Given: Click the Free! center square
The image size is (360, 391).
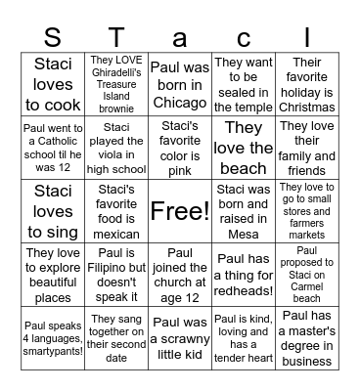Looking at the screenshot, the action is pyautogui.click(x=180, y=210).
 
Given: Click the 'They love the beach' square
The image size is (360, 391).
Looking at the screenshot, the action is pyautogui.click(x=244, y=147).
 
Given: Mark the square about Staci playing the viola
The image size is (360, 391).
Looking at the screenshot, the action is pyautogui.click(x=116, y=147).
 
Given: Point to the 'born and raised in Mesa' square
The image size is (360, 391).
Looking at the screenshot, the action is pyautogui.click(x=244, y=210).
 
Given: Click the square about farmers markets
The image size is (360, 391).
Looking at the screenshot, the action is pyautogui.click(x=307, y=210).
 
